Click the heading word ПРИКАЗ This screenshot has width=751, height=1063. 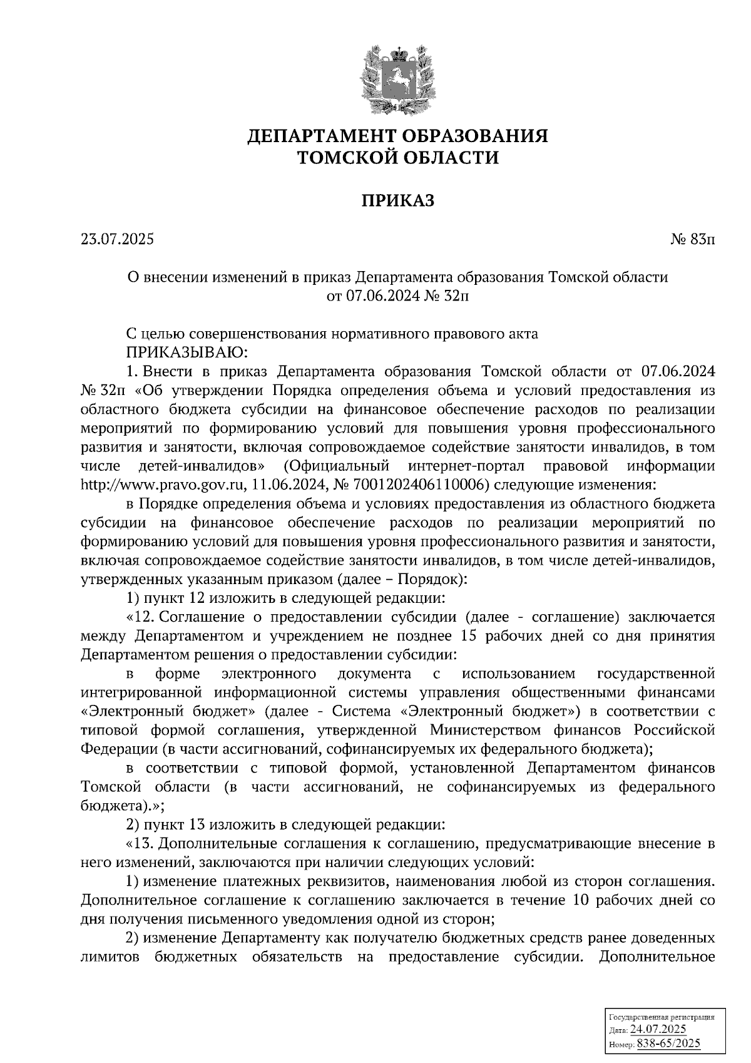[x=397, y=200]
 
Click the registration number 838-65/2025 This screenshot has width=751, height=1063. [x=668, y=1044]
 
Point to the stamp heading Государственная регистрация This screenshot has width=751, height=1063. [x=662, y=1017]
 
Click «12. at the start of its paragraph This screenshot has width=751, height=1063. [x=141, y=617]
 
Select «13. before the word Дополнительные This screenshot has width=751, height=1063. [x=141, y=843]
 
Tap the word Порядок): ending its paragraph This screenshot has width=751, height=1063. [x=432, y=579]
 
